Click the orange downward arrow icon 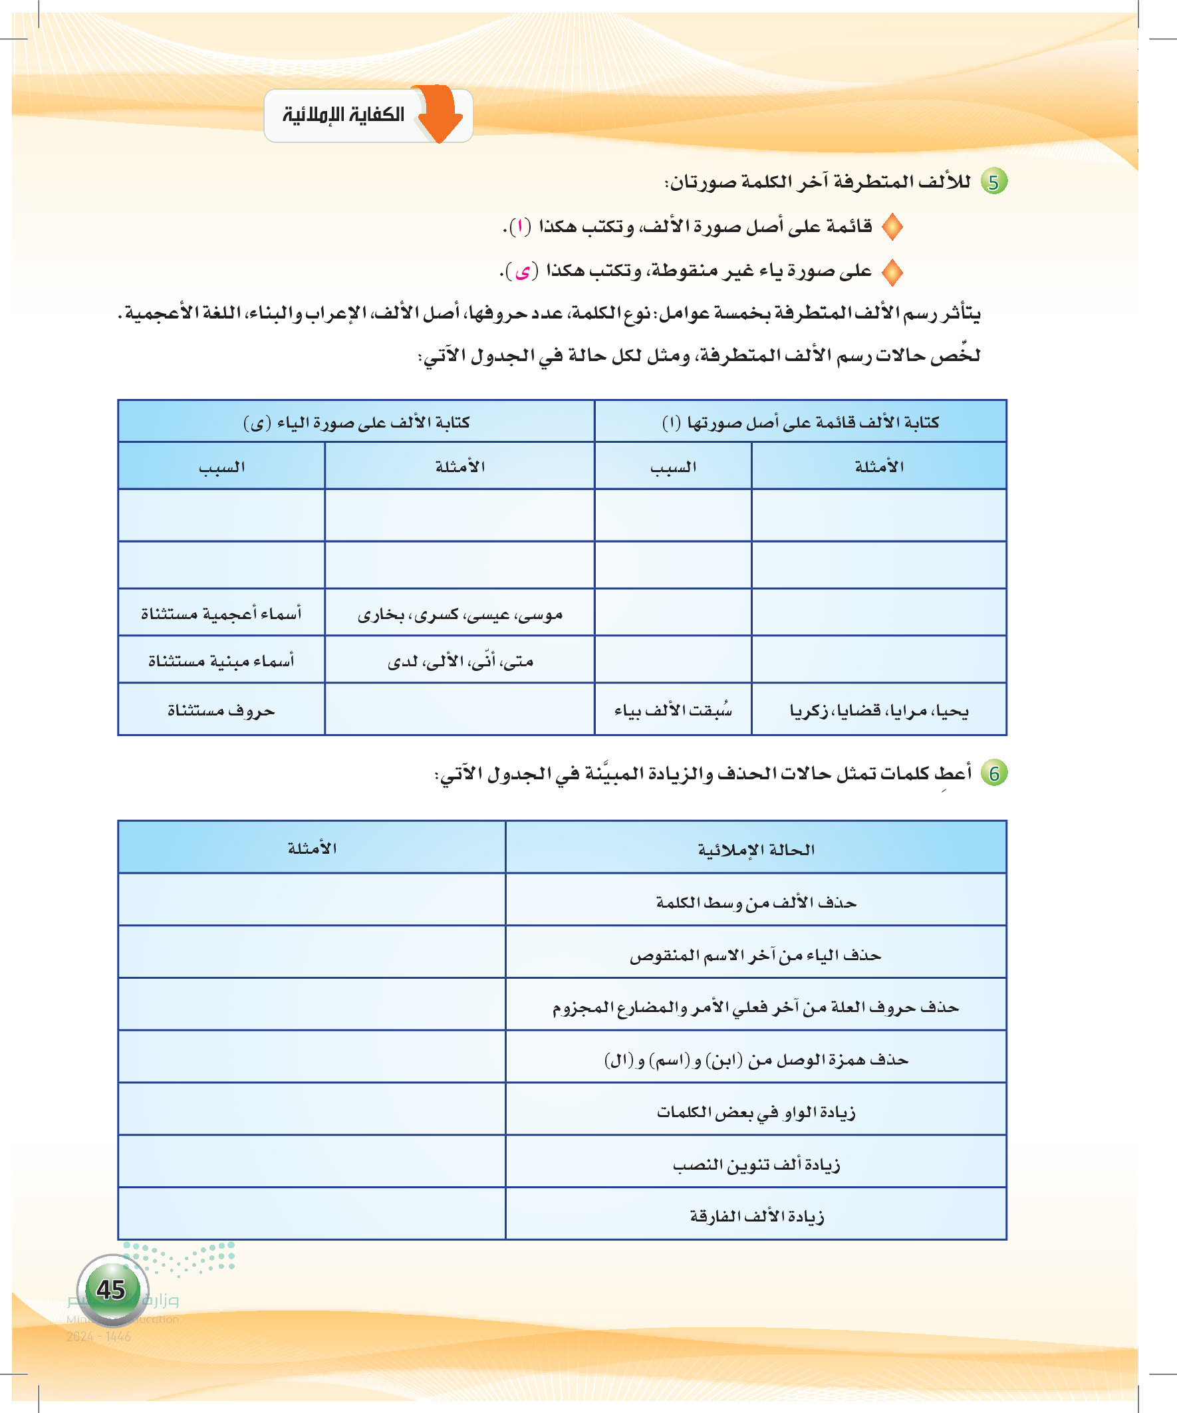pos(441,113)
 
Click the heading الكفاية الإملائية pos(343,115)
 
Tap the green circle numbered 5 pos(993,182)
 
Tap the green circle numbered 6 pos(993,774)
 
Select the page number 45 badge pos(112,1289)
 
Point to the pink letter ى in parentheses pos(522,272)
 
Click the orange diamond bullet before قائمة pos(892,227)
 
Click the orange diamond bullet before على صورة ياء pos(892,272)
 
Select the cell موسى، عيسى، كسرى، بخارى pos(459,614)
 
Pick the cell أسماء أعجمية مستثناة pos(221,614)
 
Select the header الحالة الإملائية pos(755,850)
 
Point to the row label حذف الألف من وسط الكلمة pos(755,902)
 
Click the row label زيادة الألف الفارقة pos(755,1217)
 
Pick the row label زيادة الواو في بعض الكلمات pos(755,1112)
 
